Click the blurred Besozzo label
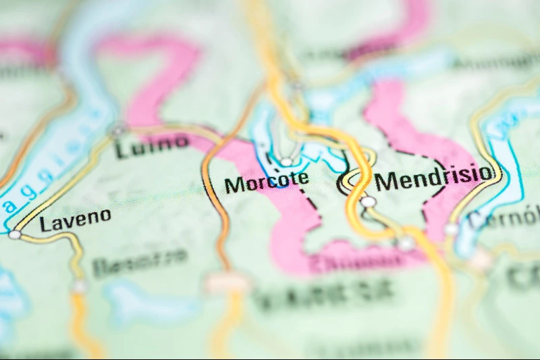(x=140, y=261)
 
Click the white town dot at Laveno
(x=15, y=234)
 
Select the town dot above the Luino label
(x=119, y=128)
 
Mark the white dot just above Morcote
(x=286, y=161)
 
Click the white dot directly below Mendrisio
(x=368, y=201)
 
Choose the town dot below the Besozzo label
(x=80, y=286)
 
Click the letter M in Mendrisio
(x=387, y=180)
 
